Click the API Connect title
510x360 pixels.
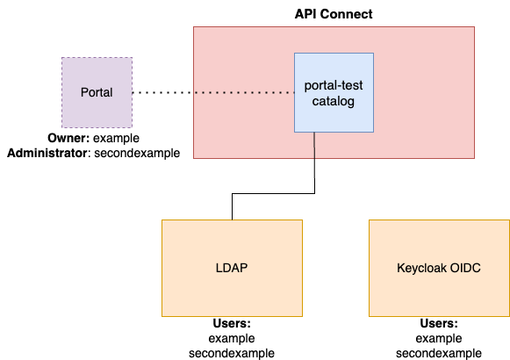click(334, 14)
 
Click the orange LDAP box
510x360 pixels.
click(232, 290)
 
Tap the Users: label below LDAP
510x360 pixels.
click(232, 324)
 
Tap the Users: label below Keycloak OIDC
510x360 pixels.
click(439, 324)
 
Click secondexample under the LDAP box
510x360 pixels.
click(232, 353)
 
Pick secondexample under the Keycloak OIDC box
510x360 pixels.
click(439, 353)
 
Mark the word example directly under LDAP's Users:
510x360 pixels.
click(232, 338)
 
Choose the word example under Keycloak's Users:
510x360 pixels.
click(439, 338)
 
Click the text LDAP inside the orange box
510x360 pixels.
click(232, 268)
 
